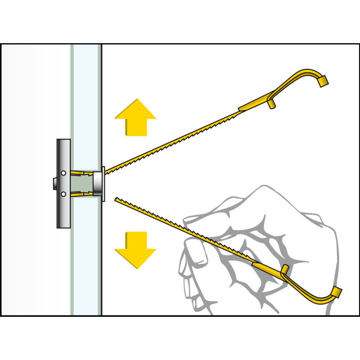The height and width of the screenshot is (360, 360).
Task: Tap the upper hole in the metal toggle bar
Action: [x=64, y=173]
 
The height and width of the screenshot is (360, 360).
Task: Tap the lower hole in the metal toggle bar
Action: [x=64, y=194]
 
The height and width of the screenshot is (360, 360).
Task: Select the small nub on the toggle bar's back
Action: [x=53, y=184]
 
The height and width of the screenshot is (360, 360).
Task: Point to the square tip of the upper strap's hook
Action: [x=323, y=81]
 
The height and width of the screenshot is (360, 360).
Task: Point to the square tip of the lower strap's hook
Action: [x=337, y=292]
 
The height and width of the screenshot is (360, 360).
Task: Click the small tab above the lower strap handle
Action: [x=284, y=270]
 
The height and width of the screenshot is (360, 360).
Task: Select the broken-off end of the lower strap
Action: [x=118, y=199]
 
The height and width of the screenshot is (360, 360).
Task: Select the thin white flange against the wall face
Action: [x=103, y=184]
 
